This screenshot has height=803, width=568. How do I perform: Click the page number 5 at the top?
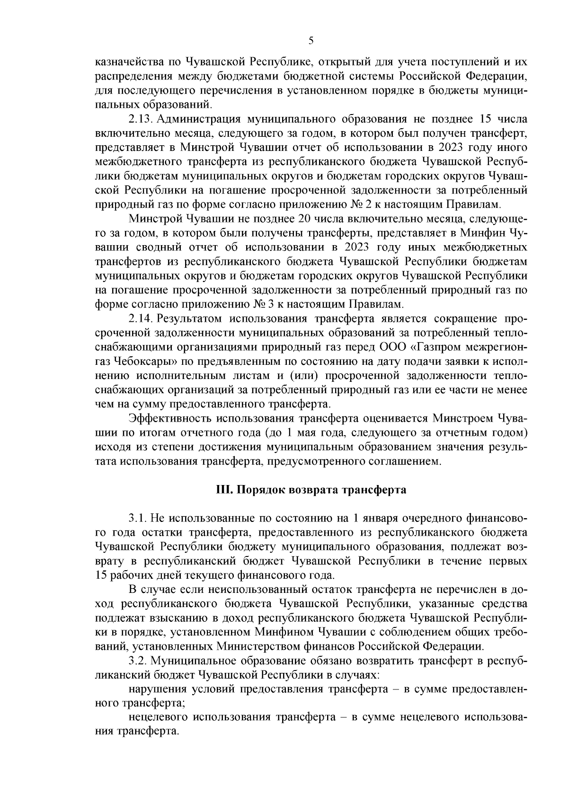pyautogui.click(x=311, y=41)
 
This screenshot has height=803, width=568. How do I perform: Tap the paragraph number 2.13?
pyautogui.click(x=139, y=118)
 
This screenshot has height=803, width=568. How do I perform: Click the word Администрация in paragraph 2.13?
pyautogui.click(x=192, y=118)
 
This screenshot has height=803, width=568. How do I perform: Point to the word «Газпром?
pyautogui.click(x=435, y=346)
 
